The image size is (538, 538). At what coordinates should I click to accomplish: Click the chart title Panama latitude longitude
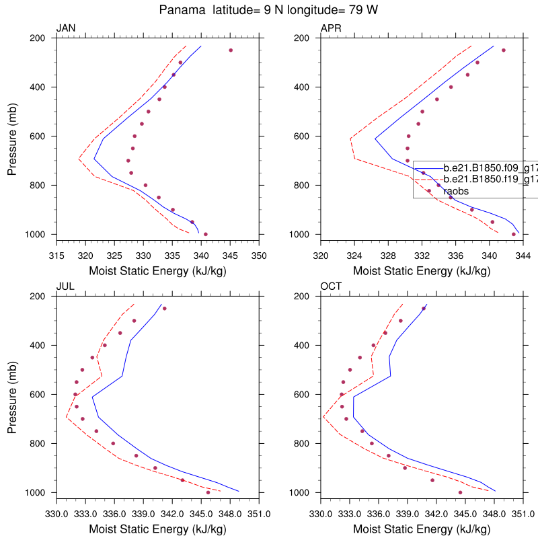269,10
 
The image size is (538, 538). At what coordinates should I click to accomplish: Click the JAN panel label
66,28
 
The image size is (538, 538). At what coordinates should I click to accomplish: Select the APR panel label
331,28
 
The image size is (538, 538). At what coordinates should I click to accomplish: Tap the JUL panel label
65,286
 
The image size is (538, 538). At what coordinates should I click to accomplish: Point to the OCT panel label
331,286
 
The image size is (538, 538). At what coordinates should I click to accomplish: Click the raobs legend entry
455,191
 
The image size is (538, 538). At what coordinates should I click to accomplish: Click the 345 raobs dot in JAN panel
231,50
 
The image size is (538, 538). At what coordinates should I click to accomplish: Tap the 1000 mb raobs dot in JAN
206,234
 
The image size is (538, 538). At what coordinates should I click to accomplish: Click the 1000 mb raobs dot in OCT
460,492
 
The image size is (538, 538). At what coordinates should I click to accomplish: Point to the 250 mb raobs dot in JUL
164,309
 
